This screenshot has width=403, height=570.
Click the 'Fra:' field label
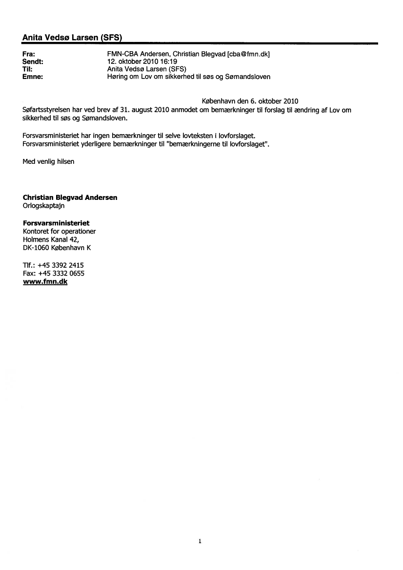coord(29,54)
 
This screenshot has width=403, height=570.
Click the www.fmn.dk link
coord(45,281)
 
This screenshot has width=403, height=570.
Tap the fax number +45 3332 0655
coord(61,274)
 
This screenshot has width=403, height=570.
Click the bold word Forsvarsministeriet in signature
coord(56,223)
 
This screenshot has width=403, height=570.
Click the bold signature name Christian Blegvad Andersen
coord(70,197)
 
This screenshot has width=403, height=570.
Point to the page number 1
coord(200,541)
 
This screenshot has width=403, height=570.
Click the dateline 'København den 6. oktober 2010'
coord(250,102)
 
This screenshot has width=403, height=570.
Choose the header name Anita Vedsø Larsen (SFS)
coord(72,38)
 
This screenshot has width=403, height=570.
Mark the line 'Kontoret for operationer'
coord(60,231)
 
